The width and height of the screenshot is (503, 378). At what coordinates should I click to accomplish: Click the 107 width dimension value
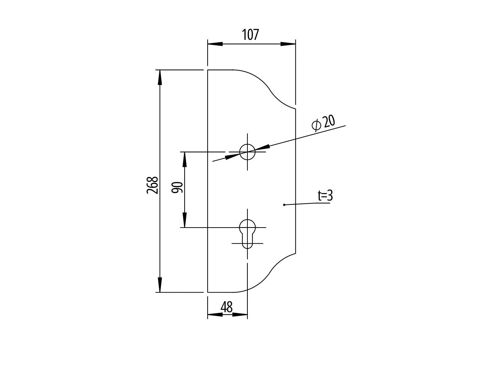[x=251, y=35]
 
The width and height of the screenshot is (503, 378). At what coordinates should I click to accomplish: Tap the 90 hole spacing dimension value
[x=177, y=187]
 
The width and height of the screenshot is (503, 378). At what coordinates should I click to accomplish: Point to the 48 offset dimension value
[x=226, y=307]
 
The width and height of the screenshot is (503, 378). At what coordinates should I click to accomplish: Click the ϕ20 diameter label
[x=323, y=123]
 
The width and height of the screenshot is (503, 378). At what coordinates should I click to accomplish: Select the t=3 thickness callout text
[x=325, y=196]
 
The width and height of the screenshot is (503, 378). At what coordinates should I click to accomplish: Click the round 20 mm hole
[x=247, y=152]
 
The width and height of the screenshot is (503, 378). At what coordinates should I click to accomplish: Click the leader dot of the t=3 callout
[x=284, y=205]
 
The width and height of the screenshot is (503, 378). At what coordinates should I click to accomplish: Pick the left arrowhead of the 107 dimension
[x=215, y=44]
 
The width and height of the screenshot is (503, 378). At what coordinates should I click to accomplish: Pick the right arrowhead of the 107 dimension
[x=288, y=44]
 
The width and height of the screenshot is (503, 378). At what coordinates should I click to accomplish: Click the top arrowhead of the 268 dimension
[x=160, y=78]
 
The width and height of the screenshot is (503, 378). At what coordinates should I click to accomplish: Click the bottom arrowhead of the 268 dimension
[x=160, y=284]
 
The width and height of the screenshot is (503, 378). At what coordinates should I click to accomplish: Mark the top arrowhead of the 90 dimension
[x=185, y=159]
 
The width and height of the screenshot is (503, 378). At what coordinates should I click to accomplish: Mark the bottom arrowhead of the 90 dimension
[x=185, y=220]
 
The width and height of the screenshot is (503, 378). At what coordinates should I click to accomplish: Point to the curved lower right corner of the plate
[x=272, y=272]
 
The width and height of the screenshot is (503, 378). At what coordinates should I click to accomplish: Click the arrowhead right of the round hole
[x=262, y=148]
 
